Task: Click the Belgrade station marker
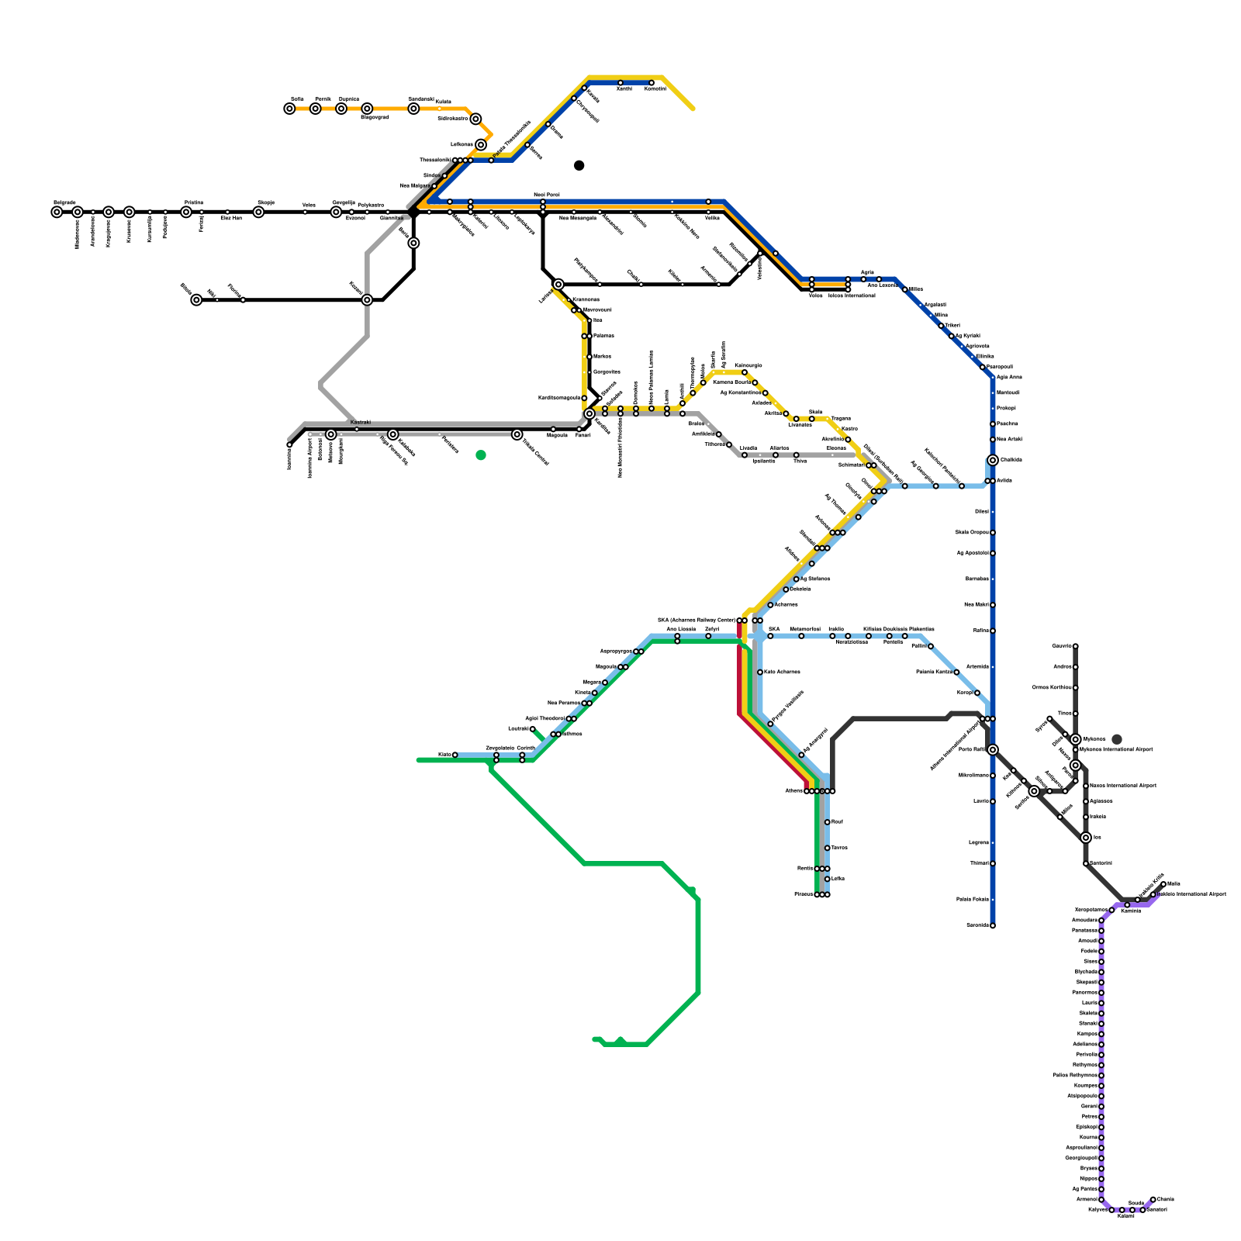[57, 212]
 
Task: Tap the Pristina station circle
[186, 212]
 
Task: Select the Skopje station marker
[258, 212]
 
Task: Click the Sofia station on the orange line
[289, 109]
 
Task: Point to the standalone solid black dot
[579, 165]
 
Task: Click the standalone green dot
[481, 455]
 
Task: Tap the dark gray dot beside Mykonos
[1117, 739]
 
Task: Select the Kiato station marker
[455, 755]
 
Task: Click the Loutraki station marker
[533, 729]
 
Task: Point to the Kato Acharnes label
[782, 672]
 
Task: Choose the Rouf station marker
[828, 822]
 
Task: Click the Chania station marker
[1153, 1199]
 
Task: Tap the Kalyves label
[1097, 1210]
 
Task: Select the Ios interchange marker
[1086, 838]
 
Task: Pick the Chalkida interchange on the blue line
[993, 460]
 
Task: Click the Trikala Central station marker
[517, 434]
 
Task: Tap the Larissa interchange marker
[558, 285]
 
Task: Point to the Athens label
[793, 791]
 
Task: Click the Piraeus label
[804, 894]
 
